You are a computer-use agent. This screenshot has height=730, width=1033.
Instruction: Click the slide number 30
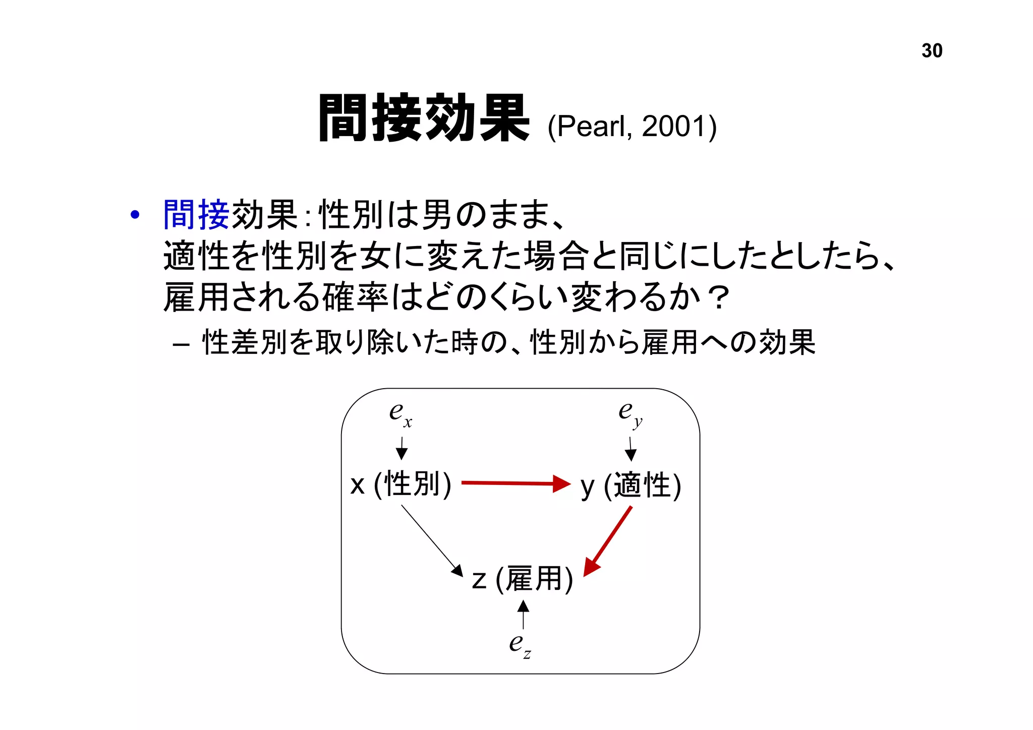[932, 51]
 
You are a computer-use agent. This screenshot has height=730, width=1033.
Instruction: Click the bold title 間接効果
[424, 118]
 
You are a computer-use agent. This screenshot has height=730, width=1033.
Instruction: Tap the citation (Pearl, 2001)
[632, 126]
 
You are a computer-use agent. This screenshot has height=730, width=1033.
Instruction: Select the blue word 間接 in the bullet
[196, 215]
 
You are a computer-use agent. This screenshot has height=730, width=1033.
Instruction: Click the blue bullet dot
[134, 215]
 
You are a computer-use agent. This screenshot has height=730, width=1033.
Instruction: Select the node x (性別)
[401, 484]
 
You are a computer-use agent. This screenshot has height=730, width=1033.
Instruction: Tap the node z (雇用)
[523, 578]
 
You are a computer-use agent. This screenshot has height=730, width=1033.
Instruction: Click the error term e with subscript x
[400, 414]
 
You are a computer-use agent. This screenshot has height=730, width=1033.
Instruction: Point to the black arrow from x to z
[432, 540]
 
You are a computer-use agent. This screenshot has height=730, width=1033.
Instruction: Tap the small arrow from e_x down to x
[401, 448]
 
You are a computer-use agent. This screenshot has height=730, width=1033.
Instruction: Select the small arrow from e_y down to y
[630, 449]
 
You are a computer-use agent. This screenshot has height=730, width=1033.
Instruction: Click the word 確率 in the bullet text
[355, 297]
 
